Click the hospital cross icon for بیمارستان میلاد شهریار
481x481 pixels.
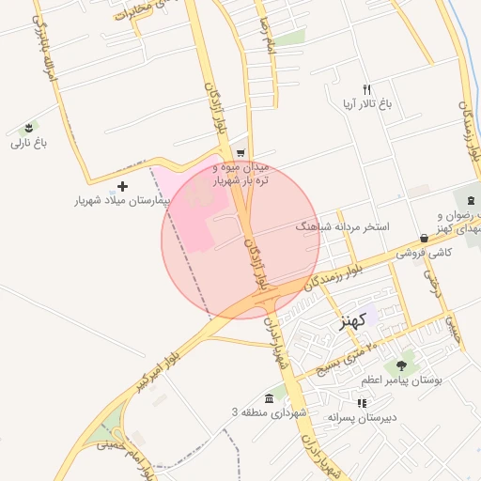tap(122, 186)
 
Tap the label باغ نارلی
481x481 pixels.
tap(28, 144)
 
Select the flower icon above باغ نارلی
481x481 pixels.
tap(28, 129)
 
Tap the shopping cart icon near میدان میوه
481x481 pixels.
tap(240, 152)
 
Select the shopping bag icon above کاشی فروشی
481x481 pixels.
tap(425, 239)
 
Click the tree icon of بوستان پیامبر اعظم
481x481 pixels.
tap(402, 365)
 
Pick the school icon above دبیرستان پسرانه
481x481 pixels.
tap(362, 402)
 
